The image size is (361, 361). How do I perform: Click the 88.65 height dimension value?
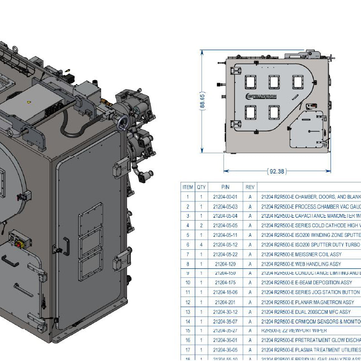(203, 101)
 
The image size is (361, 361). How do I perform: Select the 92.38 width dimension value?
(276, 171)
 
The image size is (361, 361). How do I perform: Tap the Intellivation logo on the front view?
(261, 96)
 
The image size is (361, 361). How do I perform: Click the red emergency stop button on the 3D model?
(20, 244)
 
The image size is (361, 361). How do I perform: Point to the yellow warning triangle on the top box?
(30, 102)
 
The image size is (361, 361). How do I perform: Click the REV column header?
(250, 187)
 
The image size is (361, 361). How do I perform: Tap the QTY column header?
(202, 187)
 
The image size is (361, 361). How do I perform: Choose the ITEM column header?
(188, 187)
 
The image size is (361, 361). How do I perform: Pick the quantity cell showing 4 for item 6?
(202, 244)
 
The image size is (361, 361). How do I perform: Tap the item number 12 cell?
(188, 302)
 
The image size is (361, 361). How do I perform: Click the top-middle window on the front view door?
(274, 82)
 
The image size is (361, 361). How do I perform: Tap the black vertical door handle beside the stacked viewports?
(67, 246)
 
